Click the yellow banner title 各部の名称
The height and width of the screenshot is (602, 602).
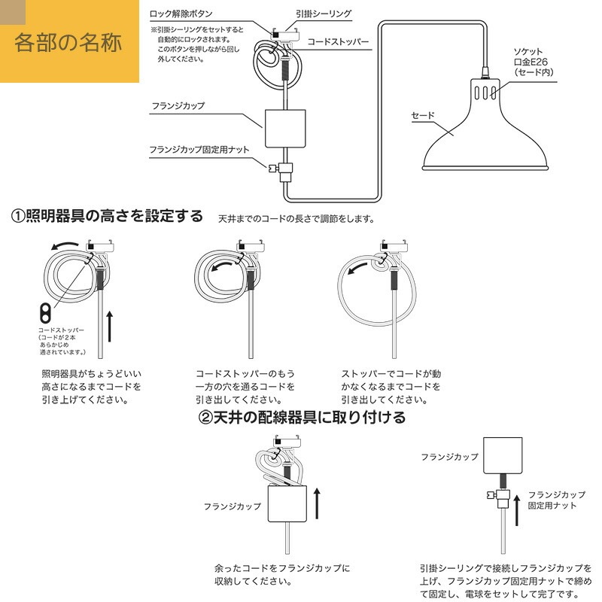tap(68, 41)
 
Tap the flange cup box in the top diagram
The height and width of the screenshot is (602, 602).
tap(286, 129)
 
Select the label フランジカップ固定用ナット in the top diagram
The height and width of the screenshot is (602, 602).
tap(199, 150)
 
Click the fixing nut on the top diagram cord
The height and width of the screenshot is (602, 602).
tap(285, 169)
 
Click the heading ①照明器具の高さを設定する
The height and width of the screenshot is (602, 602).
tap(108, 217)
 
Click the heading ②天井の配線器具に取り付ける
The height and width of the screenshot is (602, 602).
tap(303, 417)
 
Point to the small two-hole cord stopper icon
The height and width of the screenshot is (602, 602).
tap(46, 312)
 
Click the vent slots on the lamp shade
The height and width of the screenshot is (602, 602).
tap(485, 93)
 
